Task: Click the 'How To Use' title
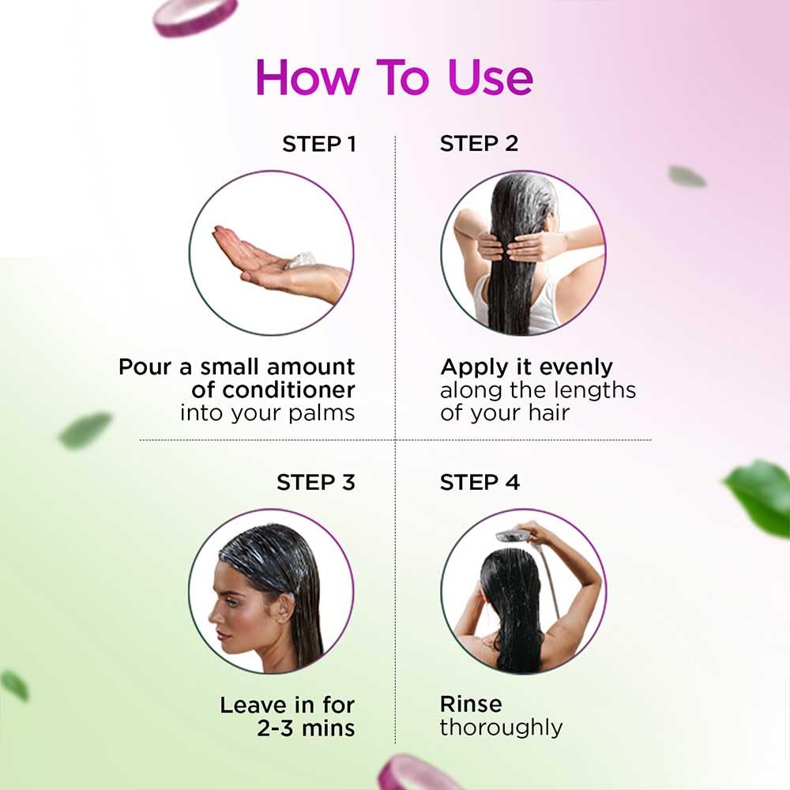coord(394,77)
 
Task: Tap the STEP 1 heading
coord(318,144)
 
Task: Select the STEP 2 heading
coord(479,144)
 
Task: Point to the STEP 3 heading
coord(315,482)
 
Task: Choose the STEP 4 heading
coord(480,482)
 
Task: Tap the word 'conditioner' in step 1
coord(288,389)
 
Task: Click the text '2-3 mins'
coord(305,727)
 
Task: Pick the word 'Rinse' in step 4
coord(471,704)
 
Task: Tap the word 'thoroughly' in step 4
coord(501,727)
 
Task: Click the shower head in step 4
coord(511,536)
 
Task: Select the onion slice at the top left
coord(195,16)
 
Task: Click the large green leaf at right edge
coord(760,497)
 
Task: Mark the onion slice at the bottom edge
coord(409,775)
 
